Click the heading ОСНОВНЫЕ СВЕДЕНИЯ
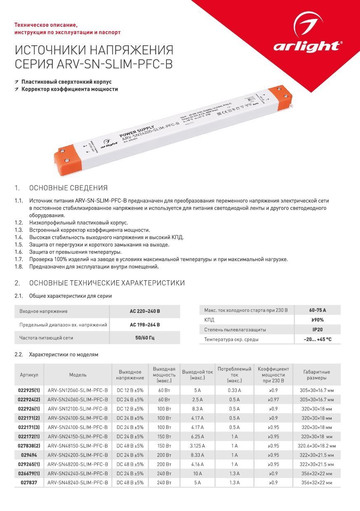(x=68, y=188)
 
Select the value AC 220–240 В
(x=145, y=311)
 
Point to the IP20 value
(x=317, y=330)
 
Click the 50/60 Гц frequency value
(x=145, y=338)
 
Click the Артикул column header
(x=29, y=375)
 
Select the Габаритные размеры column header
(x=316, y=375)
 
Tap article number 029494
(x=29, y=455)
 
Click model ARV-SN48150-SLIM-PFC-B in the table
(x=78, y=446)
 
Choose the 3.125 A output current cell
(x=197, y=446)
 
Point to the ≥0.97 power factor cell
(x=274, y=400)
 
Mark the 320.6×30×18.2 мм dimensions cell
(x=316, y=446)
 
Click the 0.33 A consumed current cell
(x=234, y=390)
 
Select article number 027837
(x=29, y=483)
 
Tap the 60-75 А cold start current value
(x=317, y=310)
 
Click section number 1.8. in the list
(x=19, y=267)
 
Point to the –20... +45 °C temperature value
(x=317, y=340)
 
